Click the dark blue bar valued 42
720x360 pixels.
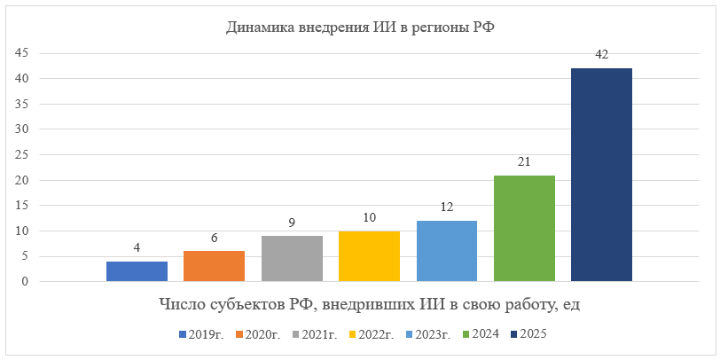601,176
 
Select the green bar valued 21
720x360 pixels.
524,229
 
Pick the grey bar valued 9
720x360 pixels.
292,259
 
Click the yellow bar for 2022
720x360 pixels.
369,257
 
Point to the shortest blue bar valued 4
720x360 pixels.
137,272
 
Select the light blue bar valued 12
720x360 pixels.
446,252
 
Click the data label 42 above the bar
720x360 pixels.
601,55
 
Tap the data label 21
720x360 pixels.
524,162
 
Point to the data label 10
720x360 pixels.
369,218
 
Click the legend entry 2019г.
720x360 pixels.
202,335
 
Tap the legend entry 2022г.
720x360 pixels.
372,335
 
